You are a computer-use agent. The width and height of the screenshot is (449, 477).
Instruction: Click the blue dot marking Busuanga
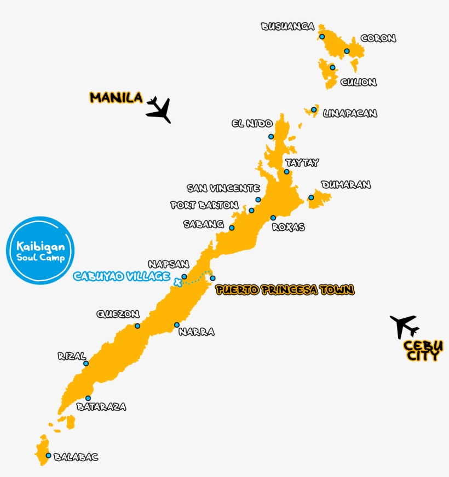322,37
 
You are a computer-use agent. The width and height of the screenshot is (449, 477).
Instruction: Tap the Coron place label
378,38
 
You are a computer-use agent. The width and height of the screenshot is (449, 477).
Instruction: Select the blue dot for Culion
332,67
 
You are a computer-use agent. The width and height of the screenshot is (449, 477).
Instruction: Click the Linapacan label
350,113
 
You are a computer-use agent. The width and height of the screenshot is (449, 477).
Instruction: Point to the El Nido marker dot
270,136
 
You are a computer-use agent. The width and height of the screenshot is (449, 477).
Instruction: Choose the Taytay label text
302,162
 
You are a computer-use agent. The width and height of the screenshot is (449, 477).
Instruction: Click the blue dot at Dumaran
311,197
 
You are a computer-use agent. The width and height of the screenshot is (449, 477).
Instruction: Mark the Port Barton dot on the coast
251,210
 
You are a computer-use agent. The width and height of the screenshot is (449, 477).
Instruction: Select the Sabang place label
204,224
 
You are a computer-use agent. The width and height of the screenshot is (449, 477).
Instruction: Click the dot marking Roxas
273,218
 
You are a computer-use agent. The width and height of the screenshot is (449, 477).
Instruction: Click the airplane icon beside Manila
159,109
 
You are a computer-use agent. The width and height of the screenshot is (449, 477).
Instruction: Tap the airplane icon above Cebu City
404,327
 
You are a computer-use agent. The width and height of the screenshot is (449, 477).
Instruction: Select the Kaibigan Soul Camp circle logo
40,251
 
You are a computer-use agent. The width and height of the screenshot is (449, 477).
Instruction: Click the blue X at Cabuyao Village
177,282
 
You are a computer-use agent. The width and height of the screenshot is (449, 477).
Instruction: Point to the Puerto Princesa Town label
285,290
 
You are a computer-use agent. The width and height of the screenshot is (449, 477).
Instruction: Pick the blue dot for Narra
177,325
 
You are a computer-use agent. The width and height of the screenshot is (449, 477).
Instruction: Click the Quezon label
118,314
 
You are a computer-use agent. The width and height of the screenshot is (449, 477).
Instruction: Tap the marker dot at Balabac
48,455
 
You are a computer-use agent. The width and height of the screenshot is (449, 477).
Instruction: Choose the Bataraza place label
101,406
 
